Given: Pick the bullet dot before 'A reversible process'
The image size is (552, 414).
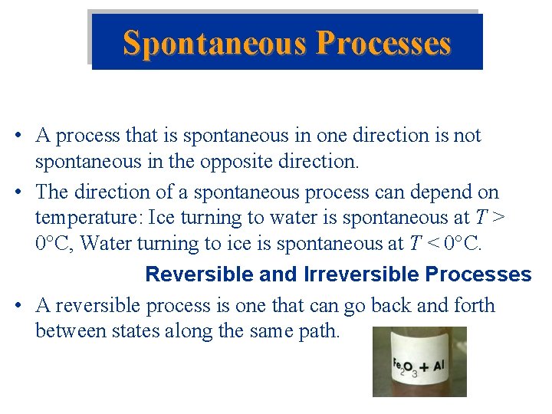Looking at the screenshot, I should pos(17,307).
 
